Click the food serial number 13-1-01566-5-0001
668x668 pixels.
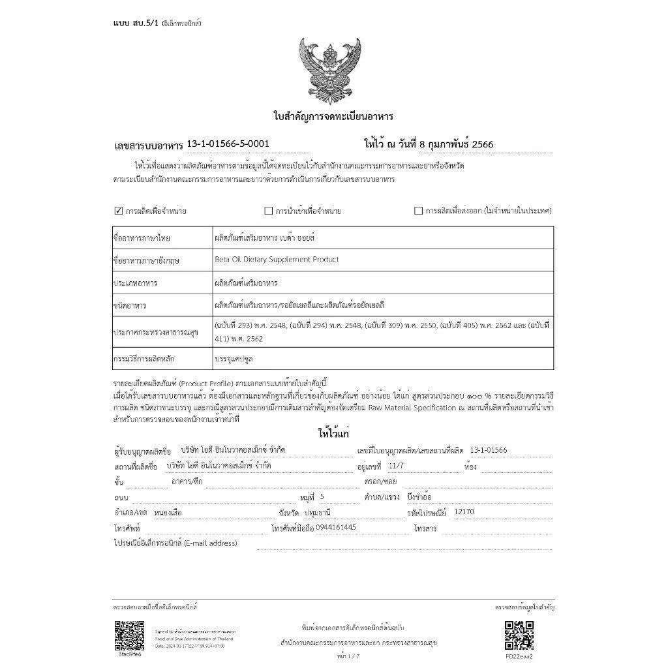coord(228,144)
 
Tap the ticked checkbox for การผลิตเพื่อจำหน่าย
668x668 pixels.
coord(119,211)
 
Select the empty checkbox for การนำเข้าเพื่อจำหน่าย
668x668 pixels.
coord(268,211)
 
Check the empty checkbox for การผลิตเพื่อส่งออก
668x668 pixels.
coord(419,211)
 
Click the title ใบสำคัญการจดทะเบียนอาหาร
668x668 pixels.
coord(333,117)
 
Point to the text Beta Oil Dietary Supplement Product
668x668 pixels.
coord(277,260)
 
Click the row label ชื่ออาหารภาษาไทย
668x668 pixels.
coord(142,238)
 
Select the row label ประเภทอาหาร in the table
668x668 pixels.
coord(136,284)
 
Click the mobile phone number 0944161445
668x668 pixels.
coord(335,527)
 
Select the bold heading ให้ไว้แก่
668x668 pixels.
coord(333,433)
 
